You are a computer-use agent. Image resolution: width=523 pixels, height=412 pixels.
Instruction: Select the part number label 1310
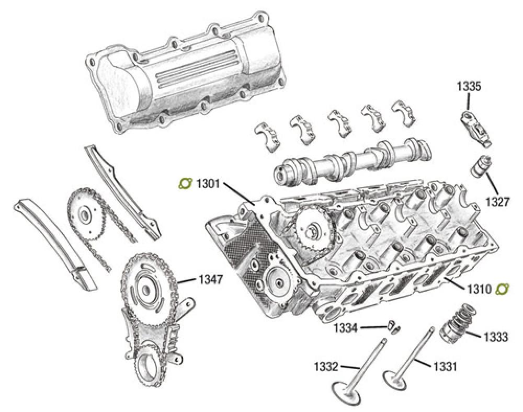(x=477, y=289)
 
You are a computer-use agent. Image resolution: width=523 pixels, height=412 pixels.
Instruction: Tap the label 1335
(x=470, y=86)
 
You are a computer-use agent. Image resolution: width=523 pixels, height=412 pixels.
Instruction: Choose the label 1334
(x=346, y=328)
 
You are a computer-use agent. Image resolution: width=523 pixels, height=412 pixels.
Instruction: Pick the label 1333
(x=495, y=337)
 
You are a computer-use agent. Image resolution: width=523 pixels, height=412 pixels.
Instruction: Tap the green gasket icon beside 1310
(x=503, y=289)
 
